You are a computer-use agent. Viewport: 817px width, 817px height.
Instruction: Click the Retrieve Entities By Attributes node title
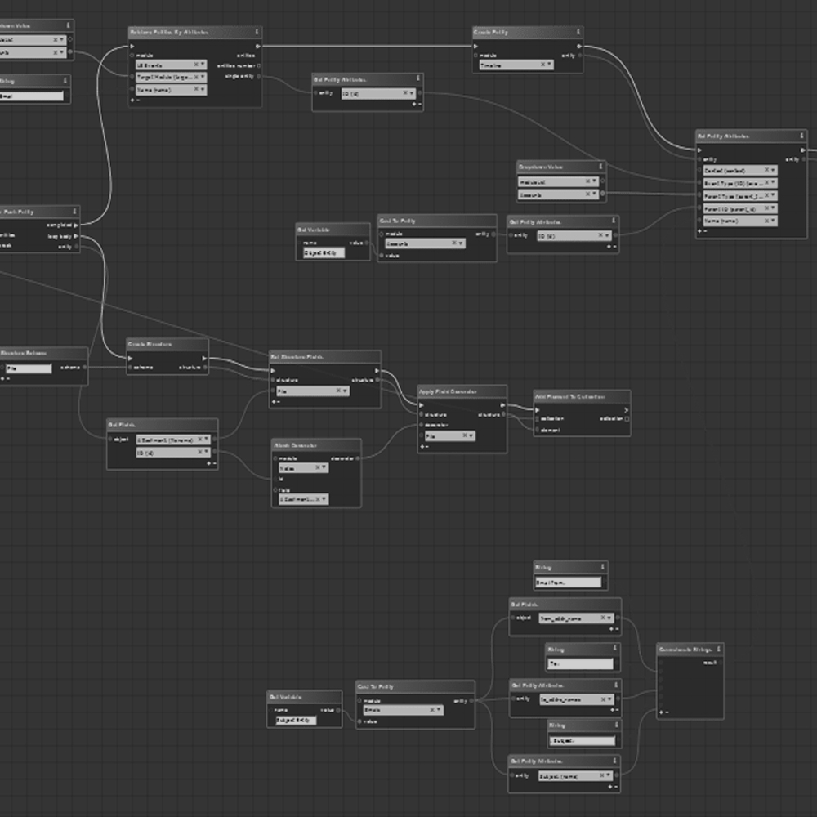169,32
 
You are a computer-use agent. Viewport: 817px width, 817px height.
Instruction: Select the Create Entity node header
491,32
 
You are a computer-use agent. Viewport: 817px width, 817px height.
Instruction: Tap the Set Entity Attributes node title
724,136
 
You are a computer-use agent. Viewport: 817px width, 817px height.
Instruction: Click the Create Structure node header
150,344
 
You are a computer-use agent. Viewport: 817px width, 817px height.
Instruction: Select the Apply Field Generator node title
449,391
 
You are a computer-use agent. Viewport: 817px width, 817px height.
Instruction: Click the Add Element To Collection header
570,396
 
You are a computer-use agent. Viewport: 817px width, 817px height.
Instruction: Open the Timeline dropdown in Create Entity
516,65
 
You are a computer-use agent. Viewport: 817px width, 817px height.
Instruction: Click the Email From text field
568,583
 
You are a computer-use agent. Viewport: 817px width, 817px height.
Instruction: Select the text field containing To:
581,664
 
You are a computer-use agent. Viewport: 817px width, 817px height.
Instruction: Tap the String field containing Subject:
583,741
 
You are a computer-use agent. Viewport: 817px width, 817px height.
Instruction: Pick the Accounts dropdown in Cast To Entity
425,243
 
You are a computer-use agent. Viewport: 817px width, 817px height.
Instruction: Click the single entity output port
259,77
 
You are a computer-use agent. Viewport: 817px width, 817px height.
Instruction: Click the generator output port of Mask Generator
357,458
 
